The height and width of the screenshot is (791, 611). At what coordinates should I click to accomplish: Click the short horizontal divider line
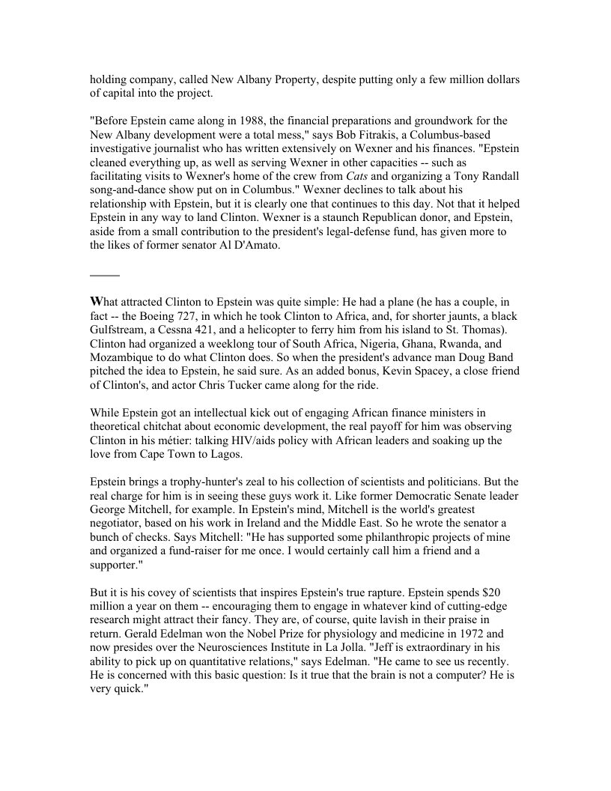click(105, 276)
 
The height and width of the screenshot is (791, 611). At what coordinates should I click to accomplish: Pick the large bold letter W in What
click(96, 302)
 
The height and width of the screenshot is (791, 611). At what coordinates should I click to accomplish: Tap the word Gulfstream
click(119, 330)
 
